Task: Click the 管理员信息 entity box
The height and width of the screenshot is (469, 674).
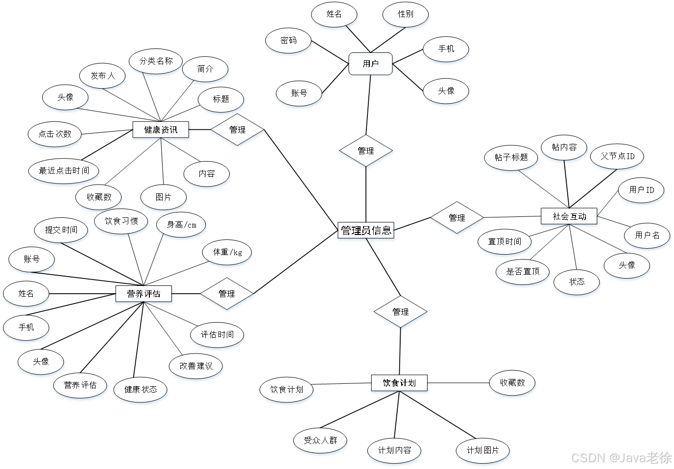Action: click(x=366, y=231)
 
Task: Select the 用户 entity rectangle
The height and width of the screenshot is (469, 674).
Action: click(x=371, y=65)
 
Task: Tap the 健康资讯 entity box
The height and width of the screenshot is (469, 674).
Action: click(x=161, y=130)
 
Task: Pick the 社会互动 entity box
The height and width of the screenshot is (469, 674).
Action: click(x=569, y=216)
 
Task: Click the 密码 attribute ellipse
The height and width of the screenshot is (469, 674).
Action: click(x=289, y=41)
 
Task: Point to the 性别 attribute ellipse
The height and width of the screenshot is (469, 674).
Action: click(x=405, y=14)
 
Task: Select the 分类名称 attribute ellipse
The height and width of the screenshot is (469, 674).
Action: click(x=156, y=61)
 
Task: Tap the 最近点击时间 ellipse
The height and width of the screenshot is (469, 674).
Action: click(x=64, y=171)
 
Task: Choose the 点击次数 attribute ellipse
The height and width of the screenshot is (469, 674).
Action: click(x=55, y=134)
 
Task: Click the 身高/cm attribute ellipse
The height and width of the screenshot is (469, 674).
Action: click(x=181, y=225)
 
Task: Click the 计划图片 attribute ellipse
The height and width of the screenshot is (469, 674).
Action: click(x=482, y=450)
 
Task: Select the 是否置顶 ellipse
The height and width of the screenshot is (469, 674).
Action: click(x=523, y=272)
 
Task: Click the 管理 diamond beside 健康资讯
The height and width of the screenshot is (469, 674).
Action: click(x=237, y=130)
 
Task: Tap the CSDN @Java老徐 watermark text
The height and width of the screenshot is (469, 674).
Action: click(x=620, y=457)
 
